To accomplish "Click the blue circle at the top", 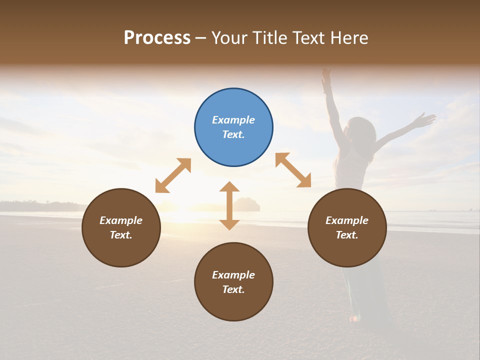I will (233, 127).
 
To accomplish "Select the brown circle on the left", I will (121, 227).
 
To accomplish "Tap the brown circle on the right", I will (347, 227).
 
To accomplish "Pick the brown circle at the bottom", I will (233, 282).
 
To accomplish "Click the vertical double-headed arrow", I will (229, 205).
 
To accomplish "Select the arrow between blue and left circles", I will (173, 175).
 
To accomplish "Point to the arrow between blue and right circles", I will (293, 170).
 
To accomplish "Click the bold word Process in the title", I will (157, 37).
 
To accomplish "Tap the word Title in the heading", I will (269, 37).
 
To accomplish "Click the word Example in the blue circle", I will (233, 120).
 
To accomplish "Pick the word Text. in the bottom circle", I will (233, 289).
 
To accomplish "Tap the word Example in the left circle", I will (121, 220).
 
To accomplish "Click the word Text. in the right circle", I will (347, 235).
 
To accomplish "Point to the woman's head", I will (364, 131).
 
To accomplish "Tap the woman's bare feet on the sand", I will (354, 318).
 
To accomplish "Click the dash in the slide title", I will (201, 38).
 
